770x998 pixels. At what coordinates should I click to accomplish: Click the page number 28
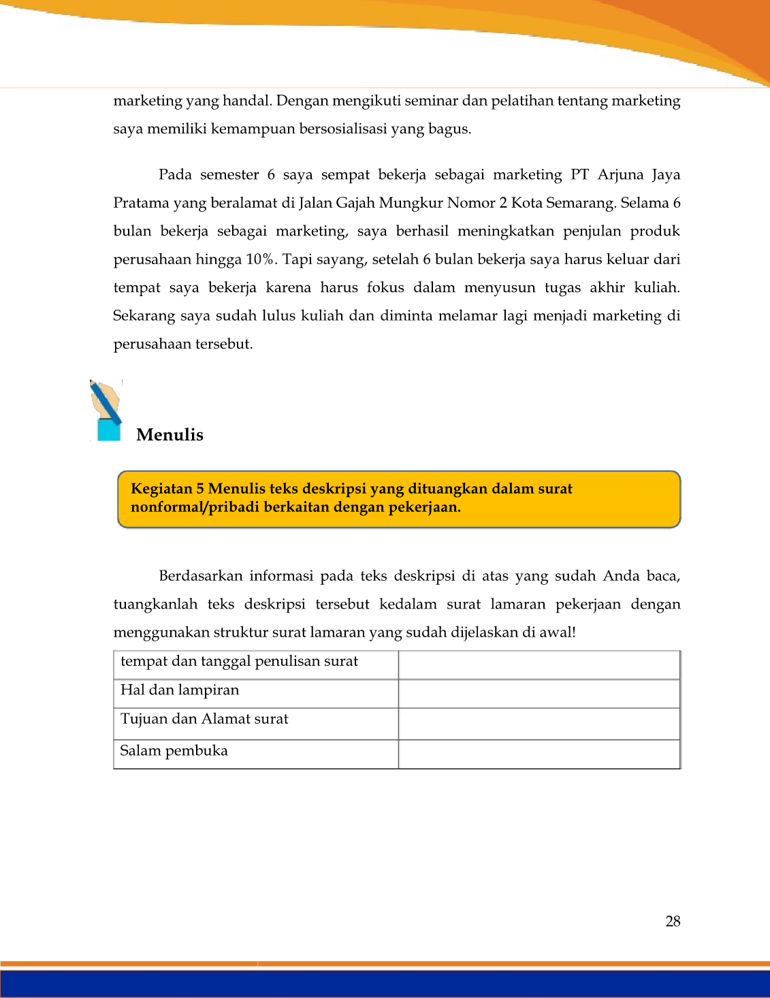tap(673, 921)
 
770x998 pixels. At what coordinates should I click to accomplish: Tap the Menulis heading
tap(170, 435)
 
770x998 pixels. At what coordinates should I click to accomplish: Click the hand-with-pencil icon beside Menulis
tap(106, 411)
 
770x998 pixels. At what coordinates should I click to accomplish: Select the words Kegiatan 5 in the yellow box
tap(167, 489)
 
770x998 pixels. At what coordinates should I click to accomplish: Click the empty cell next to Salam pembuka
tap(539, 754)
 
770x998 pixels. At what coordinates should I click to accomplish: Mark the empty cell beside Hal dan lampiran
tap(539, 694)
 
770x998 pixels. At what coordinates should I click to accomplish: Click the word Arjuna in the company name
tap(620, 175)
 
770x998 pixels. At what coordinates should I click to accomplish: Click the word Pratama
tap(141, 203)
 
